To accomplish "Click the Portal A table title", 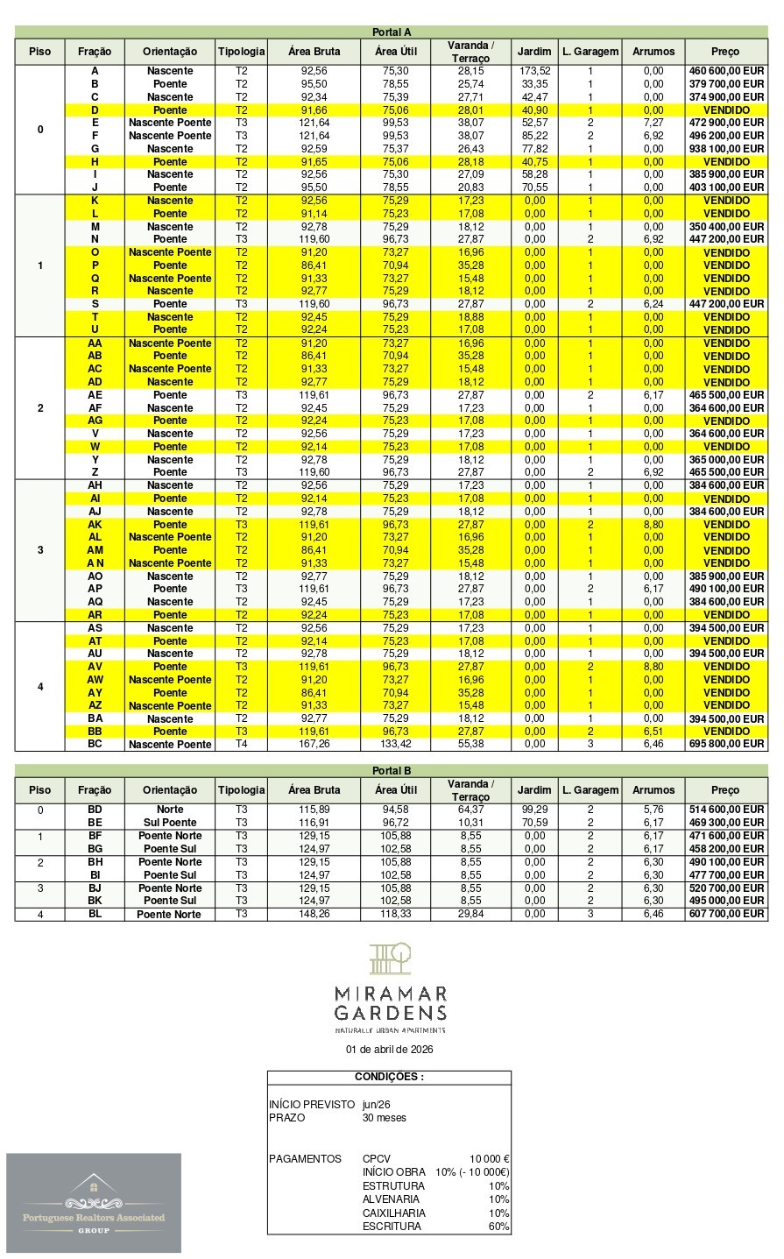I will click(x=391, y=32).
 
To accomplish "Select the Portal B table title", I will click(x=391, y=771).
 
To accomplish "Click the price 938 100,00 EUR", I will click(x=726, y=149).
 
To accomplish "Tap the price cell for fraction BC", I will click(x=726, y=745).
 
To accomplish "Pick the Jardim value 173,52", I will click(x=534, y=71).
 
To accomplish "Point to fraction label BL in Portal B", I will click(x=95, y=914).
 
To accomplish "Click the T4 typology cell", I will click(x=241, y=745).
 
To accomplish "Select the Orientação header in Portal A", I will click(x=170, y=52).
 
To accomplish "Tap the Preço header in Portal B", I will click(x=725, y=790).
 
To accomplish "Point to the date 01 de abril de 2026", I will click(x=390, y=1049).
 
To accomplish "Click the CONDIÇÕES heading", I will click(x=389, y=1077).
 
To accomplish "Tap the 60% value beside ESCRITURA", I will click(x=498, y=1227).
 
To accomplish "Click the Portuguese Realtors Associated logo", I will click(x=94, y=1203).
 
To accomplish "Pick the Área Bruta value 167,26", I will click(x=314, y=745).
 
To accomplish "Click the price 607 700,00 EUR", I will click(x=726, y=914).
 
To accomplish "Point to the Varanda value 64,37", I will click(x=470, y=810).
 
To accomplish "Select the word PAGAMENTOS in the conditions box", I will click(x=305, y=1159).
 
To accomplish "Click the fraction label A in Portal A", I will click(x=95, y=71).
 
